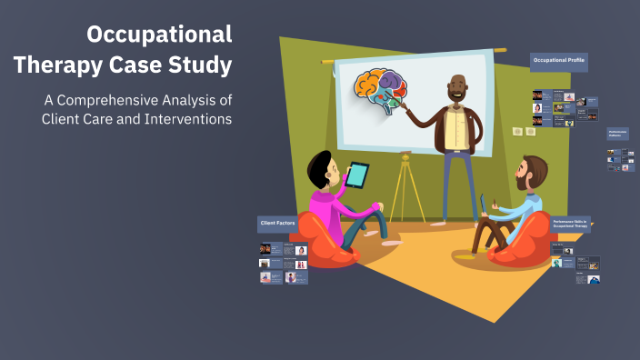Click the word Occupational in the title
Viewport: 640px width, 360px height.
(x=159, y=35)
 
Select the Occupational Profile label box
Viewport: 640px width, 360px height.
(x=558, y=62)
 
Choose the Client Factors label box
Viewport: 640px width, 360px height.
(x=276, y=222)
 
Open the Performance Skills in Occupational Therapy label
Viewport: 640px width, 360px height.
(x=571, y=224)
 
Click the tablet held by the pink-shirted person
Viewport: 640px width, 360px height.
(x=358, y=174)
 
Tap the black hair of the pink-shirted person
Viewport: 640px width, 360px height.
(x=320, y=166)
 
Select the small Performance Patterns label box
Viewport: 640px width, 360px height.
(x=618, y=134)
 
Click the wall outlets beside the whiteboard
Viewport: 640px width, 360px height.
(x=523, y=132)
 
